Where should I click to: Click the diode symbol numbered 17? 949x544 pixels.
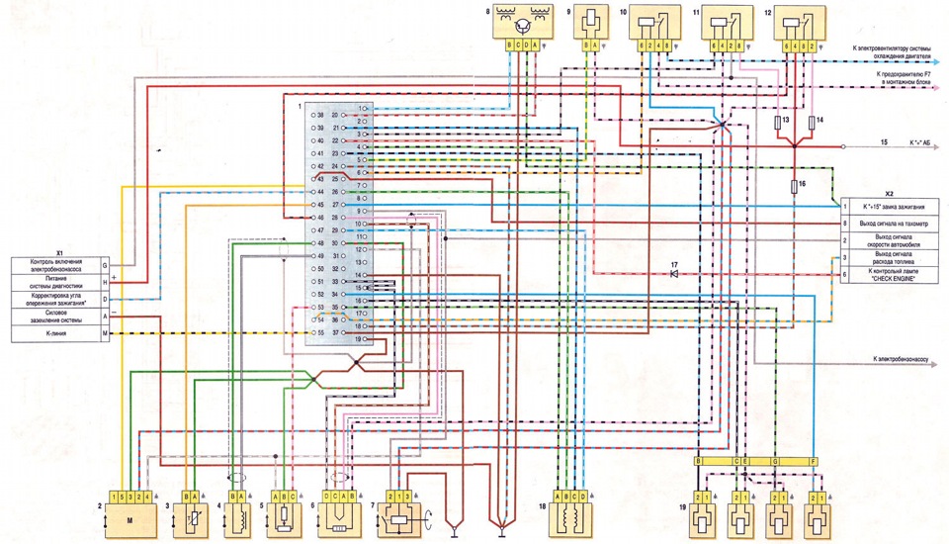(x=674, y=273)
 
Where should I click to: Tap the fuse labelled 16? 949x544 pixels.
(x=796, y=185)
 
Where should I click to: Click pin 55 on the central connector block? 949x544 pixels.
(x=313, y=333)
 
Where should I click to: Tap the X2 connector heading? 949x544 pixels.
(x=888, y=194)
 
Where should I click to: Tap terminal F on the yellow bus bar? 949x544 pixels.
(x=813, y=462)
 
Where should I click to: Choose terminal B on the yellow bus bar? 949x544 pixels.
(x=698, y=462)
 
